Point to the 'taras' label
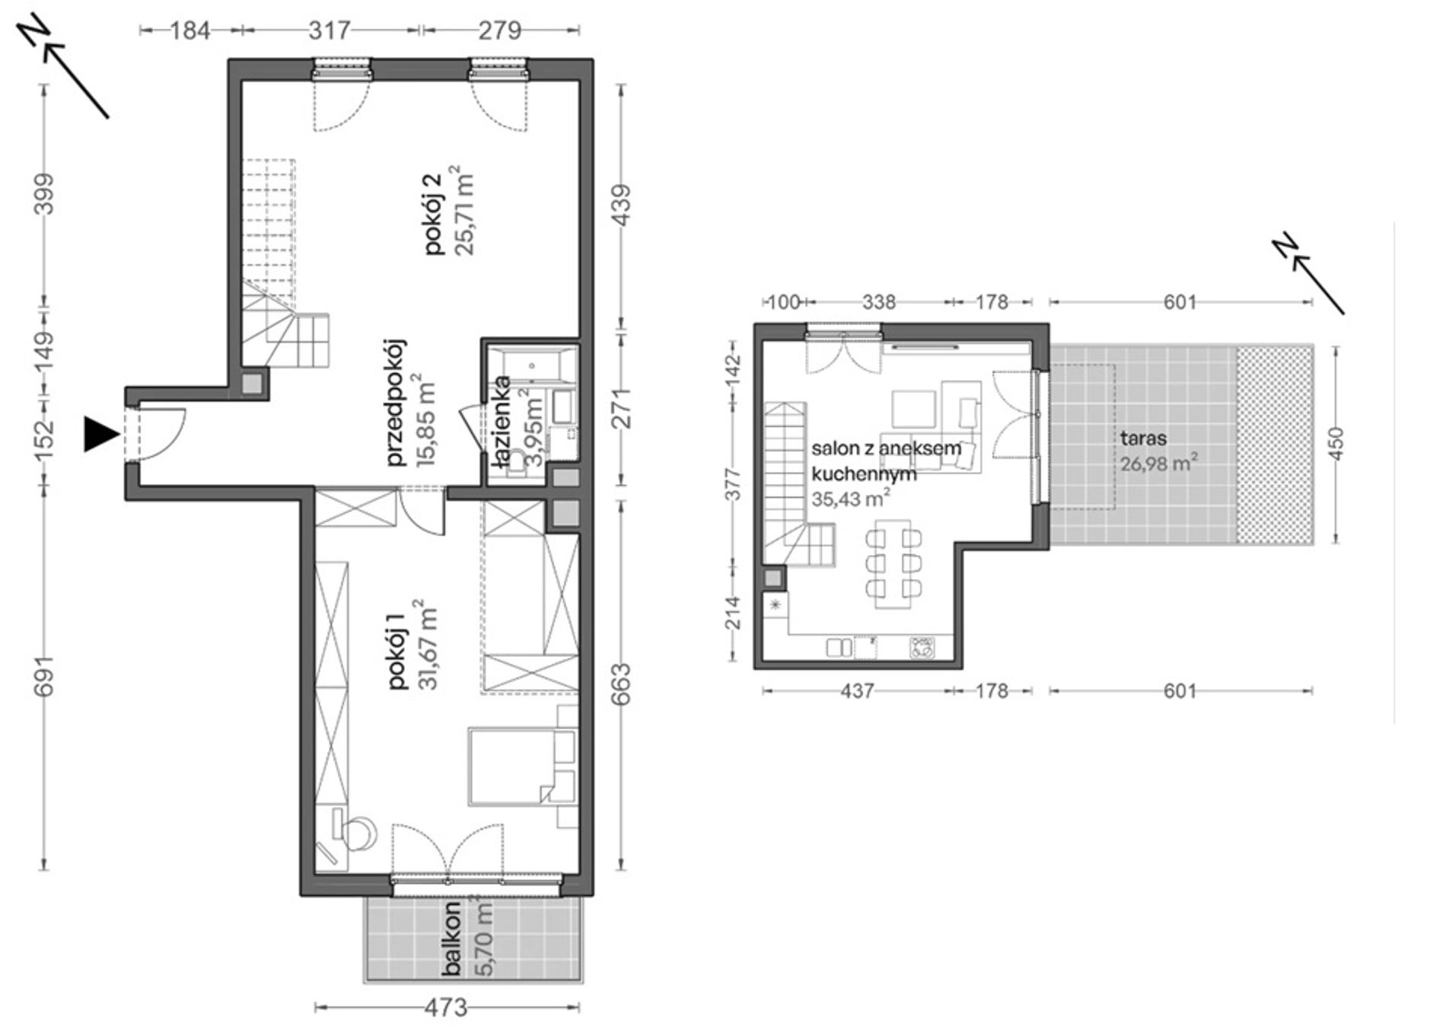(1143, 439)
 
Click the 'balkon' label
(454, 939)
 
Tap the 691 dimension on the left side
(46, 676)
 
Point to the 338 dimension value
(879, 302)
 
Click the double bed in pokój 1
(522, 766)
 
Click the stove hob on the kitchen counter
(922, 647)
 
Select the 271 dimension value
(623, 409)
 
